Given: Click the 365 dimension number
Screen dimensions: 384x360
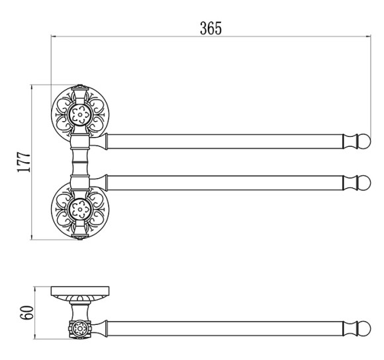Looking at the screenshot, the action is [x=211, y=28].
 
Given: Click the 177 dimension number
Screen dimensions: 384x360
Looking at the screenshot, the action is [x=24, y=162].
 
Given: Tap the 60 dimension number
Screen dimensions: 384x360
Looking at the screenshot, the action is [x=26, y=312].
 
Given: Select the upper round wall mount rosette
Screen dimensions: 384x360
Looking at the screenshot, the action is [x=80, y=114].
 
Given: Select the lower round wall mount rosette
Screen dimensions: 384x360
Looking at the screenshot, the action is [x=80, y=210].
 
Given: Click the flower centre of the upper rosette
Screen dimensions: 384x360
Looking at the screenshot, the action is [x=80, y=114].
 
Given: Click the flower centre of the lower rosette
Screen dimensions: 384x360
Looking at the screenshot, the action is [x=80, y=210].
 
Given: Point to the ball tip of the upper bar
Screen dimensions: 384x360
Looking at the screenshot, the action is [x=364, y=142].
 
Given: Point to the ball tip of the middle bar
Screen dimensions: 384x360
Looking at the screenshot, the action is [x=364, y=183].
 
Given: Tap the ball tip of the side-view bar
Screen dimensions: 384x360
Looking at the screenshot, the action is [x=364, y=328].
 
